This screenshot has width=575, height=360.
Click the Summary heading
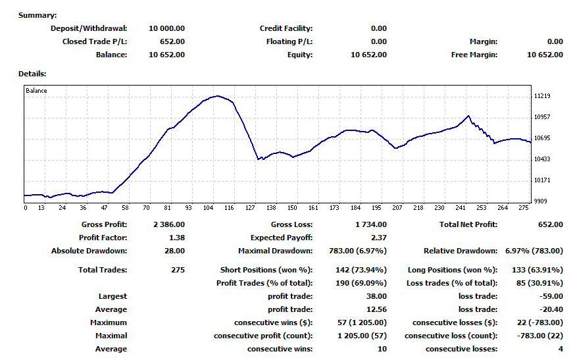37,15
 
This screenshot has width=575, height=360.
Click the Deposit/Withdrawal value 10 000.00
167,28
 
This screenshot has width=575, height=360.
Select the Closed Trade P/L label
95,41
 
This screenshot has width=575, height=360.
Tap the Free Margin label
474,55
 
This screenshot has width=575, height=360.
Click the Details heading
32,74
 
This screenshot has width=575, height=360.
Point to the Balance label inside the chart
36,91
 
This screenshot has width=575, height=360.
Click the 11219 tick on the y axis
542,96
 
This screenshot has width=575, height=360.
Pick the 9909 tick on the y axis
540,201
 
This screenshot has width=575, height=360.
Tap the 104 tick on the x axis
208,208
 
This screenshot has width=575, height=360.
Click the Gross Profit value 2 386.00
169,224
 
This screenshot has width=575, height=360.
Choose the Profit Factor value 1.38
177,238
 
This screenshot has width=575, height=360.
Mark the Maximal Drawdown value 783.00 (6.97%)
357,251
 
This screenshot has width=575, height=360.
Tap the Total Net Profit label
468,224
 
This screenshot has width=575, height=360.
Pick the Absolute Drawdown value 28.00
175,251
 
